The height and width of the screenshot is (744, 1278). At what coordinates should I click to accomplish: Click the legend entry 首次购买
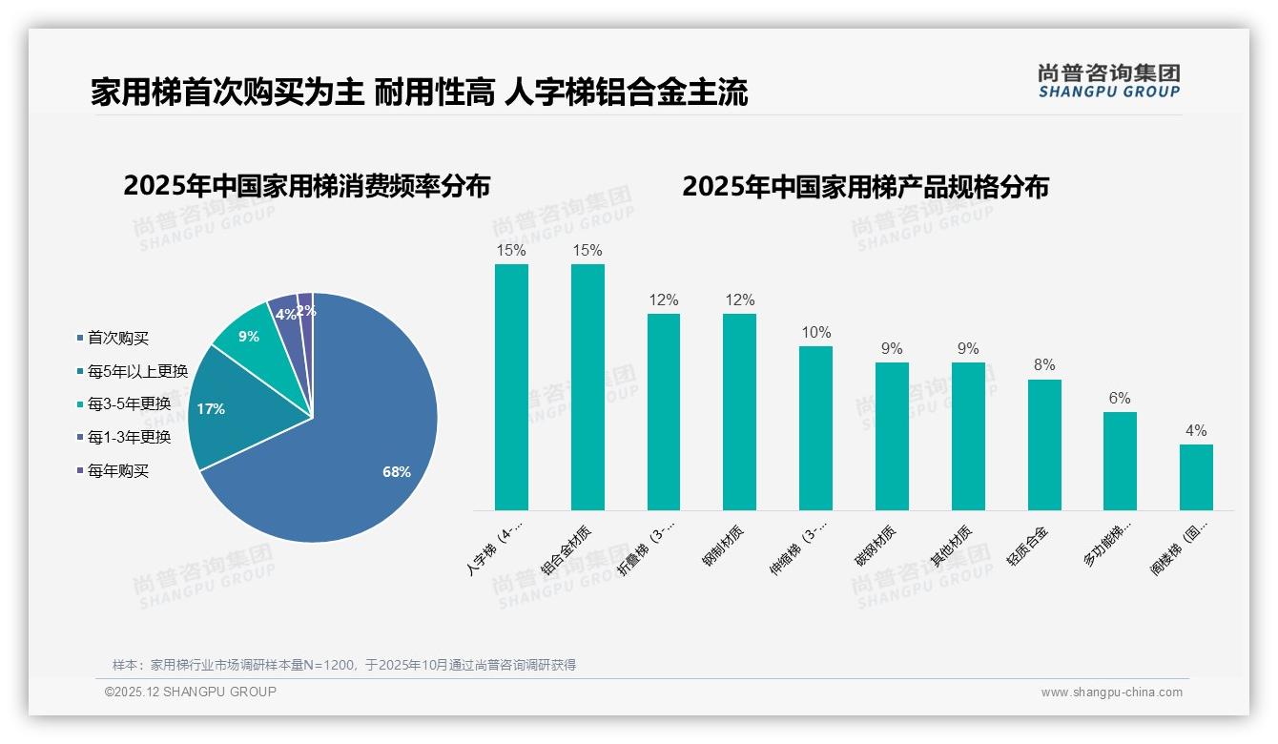(118, 339)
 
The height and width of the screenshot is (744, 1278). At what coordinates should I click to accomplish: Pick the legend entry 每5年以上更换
(137, 371)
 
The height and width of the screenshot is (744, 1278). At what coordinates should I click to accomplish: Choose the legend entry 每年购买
(118, 471)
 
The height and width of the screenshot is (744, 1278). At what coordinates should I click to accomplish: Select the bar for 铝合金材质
(587, 386)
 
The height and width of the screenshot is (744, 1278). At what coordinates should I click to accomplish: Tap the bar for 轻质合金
(1044, 444)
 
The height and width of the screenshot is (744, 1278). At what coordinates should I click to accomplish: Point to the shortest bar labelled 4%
(1196, 477)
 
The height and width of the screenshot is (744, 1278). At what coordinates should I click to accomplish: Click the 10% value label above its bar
(815, 333)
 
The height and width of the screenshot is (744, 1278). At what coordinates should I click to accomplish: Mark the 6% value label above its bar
(1120, 399)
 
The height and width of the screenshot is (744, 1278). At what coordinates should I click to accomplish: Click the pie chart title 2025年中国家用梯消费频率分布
(306, 186)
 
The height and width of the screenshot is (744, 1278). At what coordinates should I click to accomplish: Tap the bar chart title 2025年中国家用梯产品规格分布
(865, 186)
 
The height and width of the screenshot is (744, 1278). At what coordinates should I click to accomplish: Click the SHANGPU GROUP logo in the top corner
(1108, 81)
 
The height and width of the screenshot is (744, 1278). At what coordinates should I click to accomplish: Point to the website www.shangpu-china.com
(1111, 692)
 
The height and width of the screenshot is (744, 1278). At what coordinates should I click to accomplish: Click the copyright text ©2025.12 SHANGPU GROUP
(191, 692)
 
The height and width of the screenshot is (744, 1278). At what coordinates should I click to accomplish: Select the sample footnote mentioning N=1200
(344, 665)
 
